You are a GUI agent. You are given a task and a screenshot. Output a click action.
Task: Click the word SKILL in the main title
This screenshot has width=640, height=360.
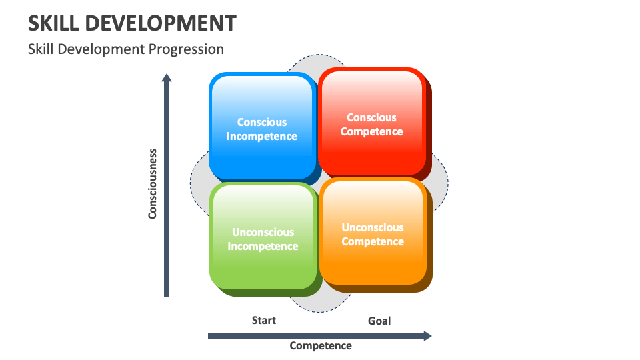(x=55, y=23)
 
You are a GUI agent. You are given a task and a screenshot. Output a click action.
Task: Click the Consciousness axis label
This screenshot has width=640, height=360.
(x=153, y=183)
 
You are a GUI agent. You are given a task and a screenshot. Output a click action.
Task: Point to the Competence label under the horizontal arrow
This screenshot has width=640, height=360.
(x=321, y=345)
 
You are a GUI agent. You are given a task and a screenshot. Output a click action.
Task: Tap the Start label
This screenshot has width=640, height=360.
(x=263, y=320)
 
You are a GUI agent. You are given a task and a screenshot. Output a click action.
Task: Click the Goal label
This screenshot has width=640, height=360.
(x=379, y=321)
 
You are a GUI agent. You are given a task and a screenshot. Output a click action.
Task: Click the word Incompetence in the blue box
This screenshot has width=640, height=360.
(x=262, y=136)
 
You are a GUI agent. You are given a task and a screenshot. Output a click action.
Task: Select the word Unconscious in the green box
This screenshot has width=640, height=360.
(x=263, y=232)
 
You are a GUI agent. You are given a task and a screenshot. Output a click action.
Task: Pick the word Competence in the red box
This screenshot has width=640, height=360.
(x=371, y=131)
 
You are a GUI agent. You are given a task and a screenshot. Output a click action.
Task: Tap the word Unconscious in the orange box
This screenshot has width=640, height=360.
(x=373, y=227)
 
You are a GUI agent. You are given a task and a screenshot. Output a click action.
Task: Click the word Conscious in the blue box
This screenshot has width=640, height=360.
(x=262, y=122)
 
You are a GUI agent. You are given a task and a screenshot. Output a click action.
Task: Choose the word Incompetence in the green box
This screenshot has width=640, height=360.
(x=263, y=246)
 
